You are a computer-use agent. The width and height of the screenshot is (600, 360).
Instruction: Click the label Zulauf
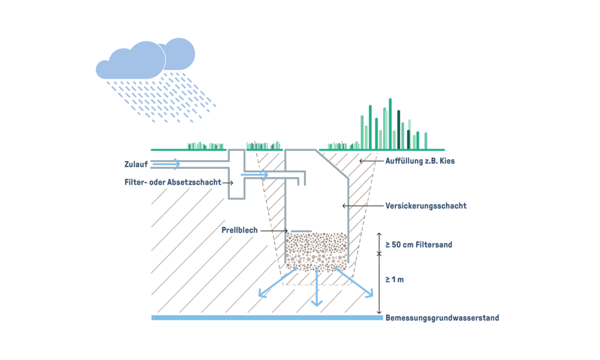coord(135,164)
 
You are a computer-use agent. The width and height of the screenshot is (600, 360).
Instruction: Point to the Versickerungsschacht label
coord(426,206)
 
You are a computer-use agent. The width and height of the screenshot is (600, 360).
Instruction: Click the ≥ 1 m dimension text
coord(394,280)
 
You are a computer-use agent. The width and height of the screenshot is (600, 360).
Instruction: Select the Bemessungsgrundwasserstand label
coord(442,318)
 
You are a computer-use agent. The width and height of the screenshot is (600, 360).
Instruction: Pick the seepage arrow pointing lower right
coord(355,283)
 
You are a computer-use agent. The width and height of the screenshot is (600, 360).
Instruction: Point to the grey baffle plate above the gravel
coord(301,230)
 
